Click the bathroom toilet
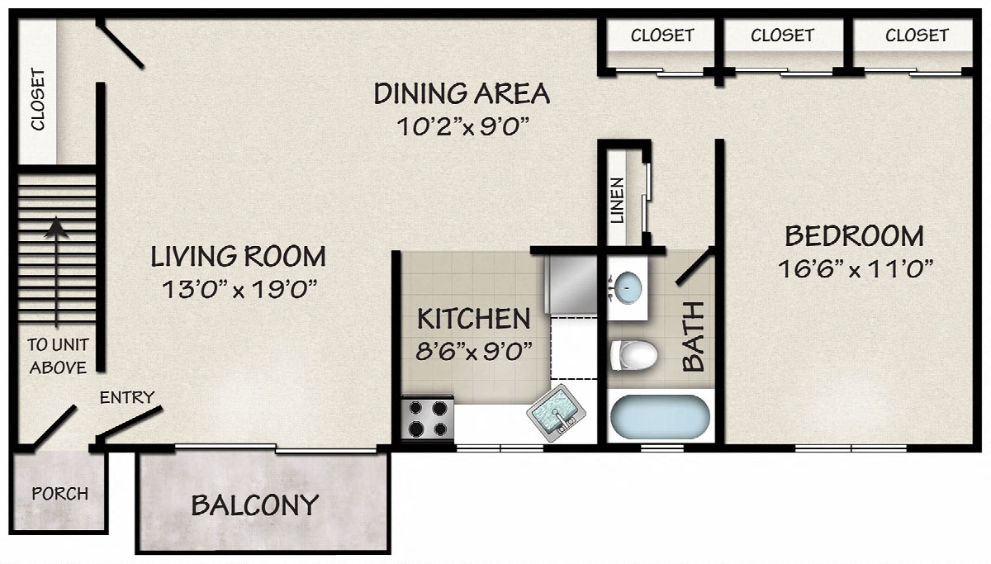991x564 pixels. pos(633,355)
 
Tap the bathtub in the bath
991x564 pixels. pos(660,417)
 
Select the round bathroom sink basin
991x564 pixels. pos(628,287)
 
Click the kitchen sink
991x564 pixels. pos(556,413)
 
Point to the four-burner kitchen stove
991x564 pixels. pos(428,418)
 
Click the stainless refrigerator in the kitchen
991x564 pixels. pos(571,285)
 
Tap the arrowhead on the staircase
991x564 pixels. pos(56,228)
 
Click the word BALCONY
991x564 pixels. pos(255,505)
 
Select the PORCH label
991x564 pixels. pos(60,494)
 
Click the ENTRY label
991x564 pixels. pos(127,398)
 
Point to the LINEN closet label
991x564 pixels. pos(617,201)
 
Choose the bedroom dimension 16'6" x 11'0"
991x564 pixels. pos(856,268)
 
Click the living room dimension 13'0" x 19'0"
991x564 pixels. pos(239,290)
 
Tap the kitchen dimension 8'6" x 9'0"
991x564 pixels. pos(474,351)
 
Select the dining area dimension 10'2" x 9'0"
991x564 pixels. pos(462,126)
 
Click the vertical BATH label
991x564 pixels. pos(693,336)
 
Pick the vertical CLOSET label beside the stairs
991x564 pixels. pos(38,99)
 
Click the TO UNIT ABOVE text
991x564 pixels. pos(58,356)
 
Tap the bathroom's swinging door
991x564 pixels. pos(693,266)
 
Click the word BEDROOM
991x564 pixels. pos(854,236)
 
